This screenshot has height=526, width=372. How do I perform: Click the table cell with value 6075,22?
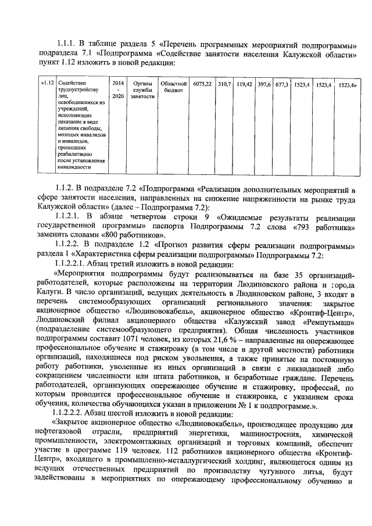pos(202,84)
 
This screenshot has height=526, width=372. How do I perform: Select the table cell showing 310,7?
pos(224,84)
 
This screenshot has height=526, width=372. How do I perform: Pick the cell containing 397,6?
pos(265,84)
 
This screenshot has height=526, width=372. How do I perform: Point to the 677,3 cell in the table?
pos(282,84)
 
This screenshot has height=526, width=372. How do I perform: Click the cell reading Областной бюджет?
pos(173,87)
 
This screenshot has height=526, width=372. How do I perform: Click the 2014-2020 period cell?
pos(118,90)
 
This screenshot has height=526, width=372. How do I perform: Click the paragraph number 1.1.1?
pos(67,43)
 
